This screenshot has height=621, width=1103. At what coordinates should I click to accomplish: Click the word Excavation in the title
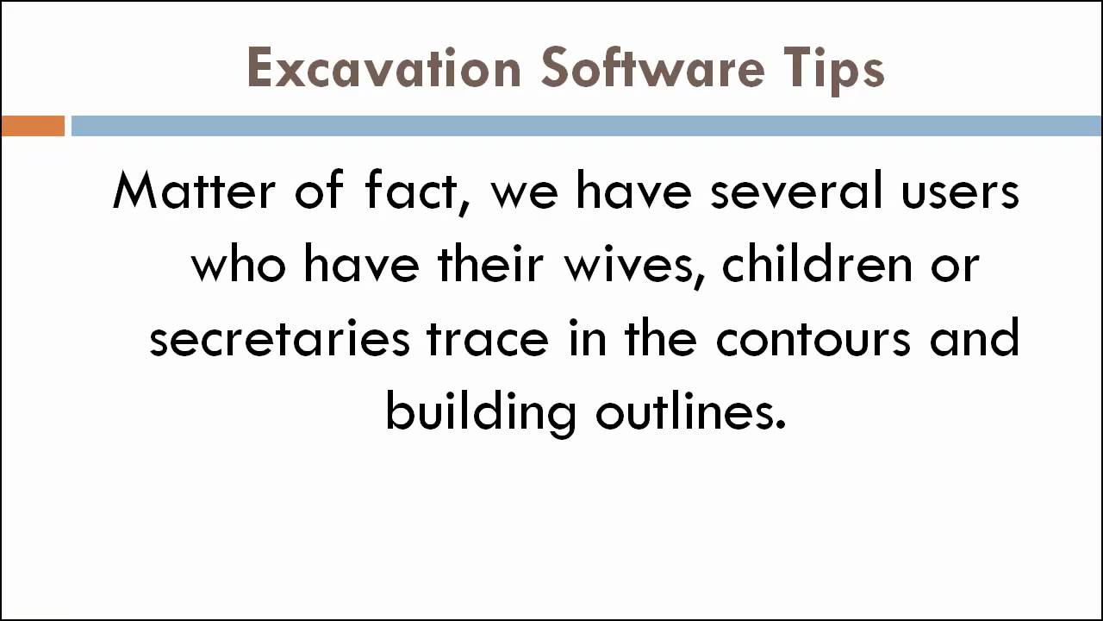[x=383, y=69]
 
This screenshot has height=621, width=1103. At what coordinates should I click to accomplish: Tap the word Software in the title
[x=652, y=69]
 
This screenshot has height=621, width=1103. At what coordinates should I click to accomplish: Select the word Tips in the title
[x=834, y=69]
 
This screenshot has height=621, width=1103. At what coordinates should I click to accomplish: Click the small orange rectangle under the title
[x=33, y=126]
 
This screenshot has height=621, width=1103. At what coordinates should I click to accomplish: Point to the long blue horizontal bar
[x=586, y=126]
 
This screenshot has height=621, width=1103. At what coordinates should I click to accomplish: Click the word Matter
[x=195, y=191]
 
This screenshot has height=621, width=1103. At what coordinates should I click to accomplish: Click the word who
[x=238, y=265]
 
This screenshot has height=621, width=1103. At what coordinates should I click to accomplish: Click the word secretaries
[x=279, y=338]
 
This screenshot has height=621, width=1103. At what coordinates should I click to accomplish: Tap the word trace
[x=487, y=338]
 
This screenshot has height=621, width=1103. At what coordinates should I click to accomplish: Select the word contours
[x=813, y=338]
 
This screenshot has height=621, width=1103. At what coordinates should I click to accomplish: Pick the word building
[x=480, y=412]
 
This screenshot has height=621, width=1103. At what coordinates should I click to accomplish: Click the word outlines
[x=690, y=412]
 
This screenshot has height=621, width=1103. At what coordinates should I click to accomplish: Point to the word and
[x=975, y=338]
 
